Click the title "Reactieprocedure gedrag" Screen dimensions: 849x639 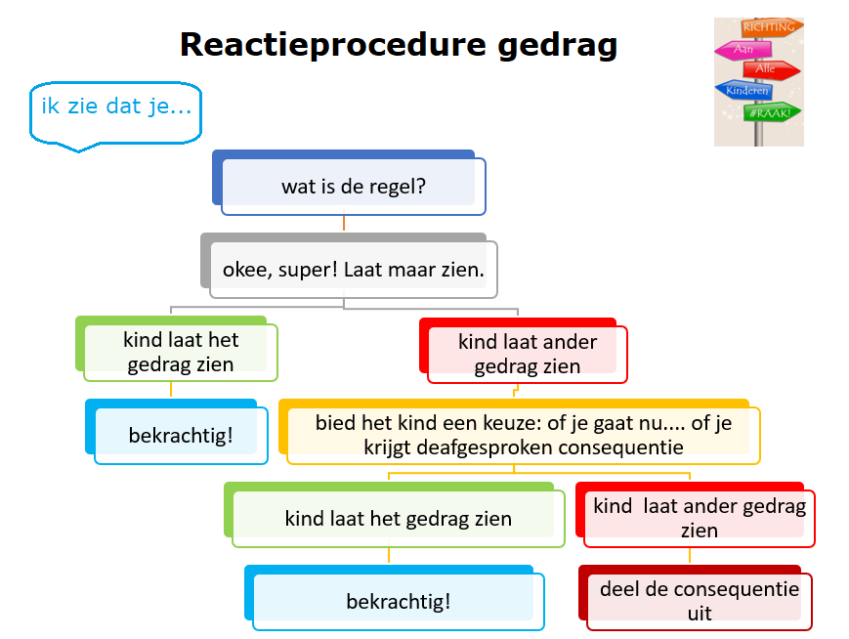pyautogui.click(x=399, y=45)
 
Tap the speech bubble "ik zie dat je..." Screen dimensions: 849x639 pyautogui.click(x=116, y=113)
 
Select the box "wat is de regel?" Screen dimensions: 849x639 pyautogui.click(x=349, y=183)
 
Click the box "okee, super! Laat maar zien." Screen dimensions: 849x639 pyautogui.click(x=349, y=266)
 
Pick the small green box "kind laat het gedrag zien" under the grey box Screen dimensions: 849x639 pyautogui.click(x=177, y=349)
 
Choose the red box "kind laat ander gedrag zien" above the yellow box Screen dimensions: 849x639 pyautogui.click(x=523, y=351)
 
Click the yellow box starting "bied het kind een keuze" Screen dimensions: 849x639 pyautogui.click(x=519, y=432)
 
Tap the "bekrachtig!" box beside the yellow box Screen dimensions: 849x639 pyautogui.click(x=177, y=432)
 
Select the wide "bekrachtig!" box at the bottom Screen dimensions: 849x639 pyautogui.click(x=394, y=598)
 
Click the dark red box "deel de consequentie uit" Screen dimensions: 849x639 pyautogui.click(x=696, y=598)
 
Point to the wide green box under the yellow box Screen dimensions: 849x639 pyautogui.click(x=394, y=515)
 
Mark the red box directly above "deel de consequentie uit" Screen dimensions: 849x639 pyautogui.click(x=696, y=515)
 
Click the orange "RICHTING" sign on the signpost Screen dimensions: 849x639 pyautogui.click(x=769, y=27)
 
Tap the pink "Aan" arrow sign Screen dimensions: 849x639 pyautogui.click(x=743, y=50)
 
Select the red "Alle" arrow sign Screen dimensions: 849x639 pyautogui.click(x=771, y=69)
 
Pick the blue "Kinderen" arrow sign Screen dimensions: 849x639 pyautogui.click(x=743, y=91)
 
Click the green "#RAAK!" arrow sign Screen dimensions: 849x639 pyautogui.click(x=772, y=112)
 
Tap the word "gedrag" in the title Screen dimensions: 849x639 pyautogui.click(x=557, y=46)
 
